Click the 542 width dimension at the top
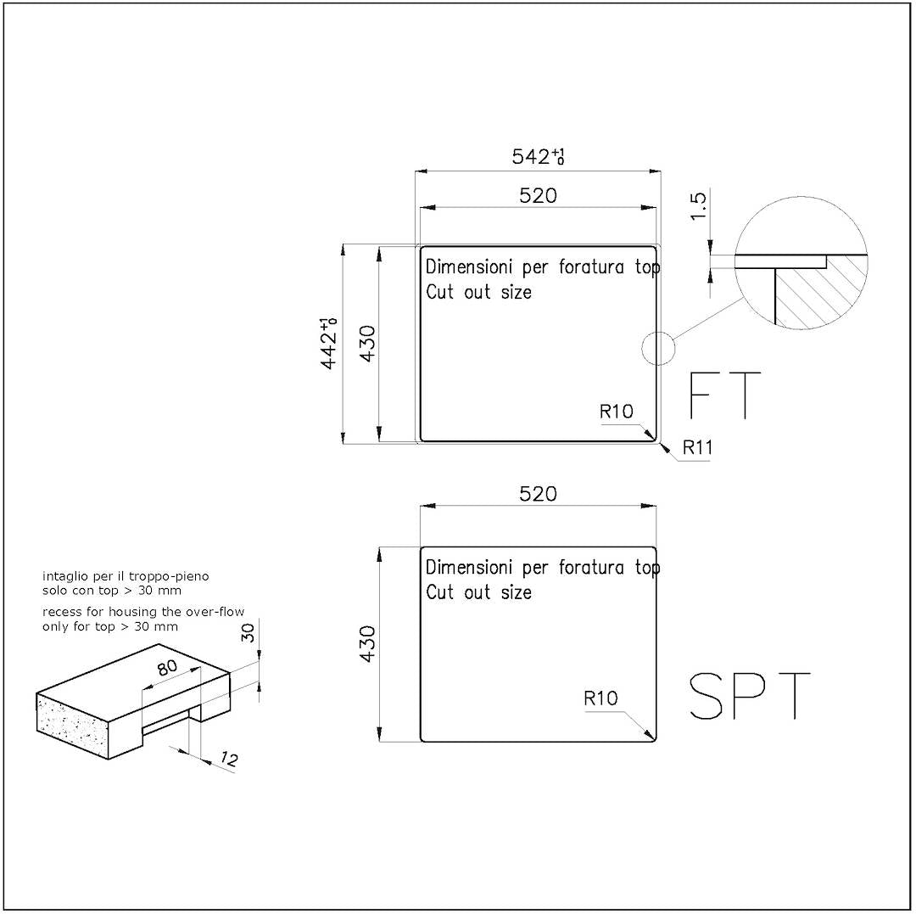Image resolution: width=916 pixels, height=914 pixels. pos(538,157)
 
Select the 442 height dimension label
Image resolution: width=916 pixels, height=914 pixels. pos(329,344)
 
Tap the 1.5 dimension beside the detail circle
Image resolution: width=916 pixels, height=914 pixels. pos(698,205)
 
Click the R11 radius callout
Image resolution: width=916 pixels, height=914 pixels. pos(697,447)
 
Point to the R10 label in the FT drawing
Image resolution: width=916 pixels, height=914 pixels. pos(617,412)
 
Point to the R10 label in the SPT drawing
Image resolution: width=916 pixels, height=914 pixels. pos(600,698)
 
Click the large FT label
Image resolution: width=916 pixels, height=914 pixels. pos(725,395)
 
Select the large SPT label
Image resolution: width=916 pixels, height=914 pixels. pos(750,695)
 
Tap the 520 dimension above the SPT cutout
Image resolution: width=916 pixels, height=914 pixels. pos(538,494)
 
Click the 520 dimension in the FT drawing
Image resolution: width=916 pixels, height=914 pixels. pos(538,196)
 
